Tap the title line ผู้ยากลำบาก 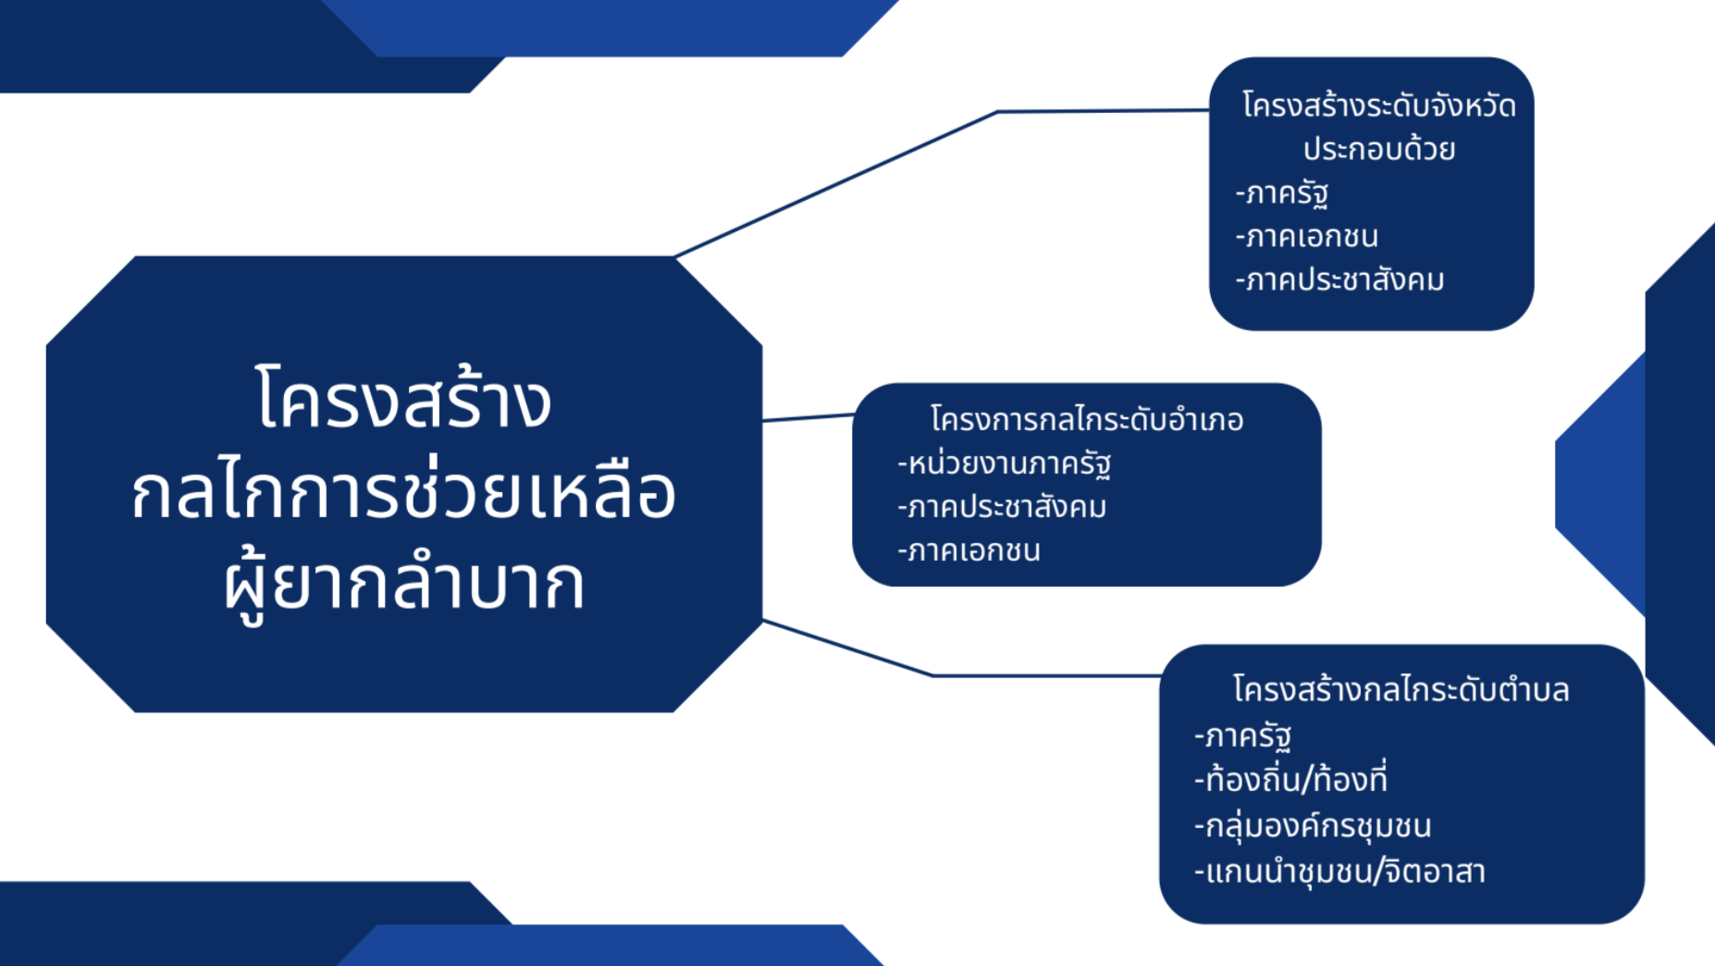[x=404, y=583]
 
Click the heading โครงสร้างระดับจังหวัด [x=1378, y=105]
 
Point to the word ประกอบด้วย [x=1379, y=148]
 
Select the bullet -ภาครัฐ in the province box [x=1282, y=193]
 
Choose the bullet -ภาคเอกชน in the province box [x=1307, y=237]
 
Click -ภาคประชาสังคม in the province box [x=1339, y=279]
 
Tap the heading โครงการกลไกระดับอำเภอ [x=1087, y=419]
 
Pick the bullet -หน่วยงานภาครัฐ [x=1005, y=464]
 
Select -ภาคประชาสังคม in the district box [x=1002, y=507]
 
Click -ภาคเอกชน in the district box [x=969, y=551]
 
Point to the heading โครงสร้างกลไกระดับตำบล [x=1400, y=689]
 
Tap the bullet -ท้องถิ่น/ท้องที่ [x=1290, y=779]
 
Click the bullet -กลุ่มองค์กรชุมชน [x=1313, y=824]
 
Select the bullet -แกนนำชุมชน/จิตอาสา [x=1339, y=871]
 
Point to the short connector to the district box [x=808, y=417]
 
